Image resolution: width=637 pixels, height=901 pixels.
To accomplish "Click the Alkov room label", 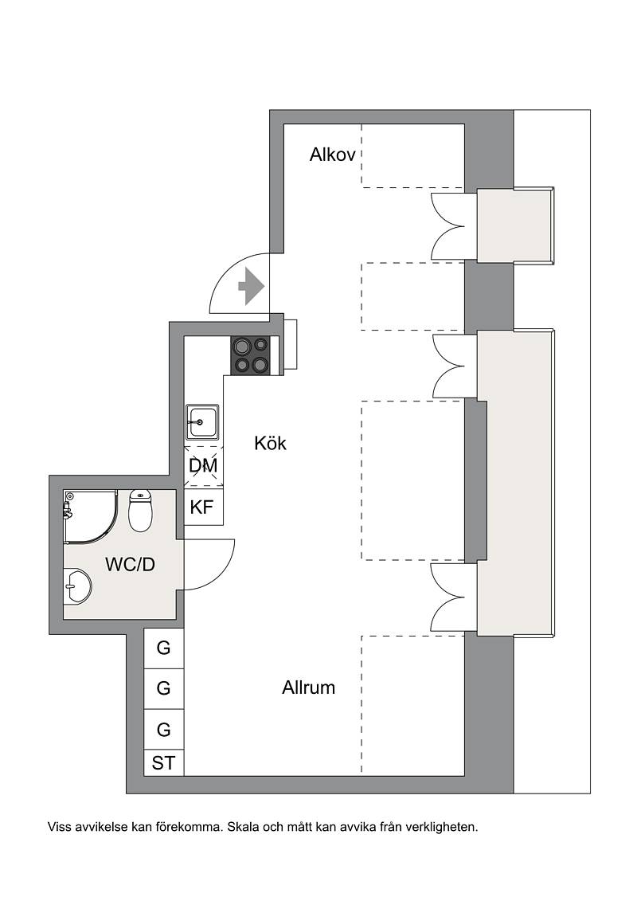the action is click(x=333, y=155).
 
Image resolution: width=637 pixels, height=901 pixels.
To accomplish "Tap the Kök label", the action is click(x=270, y=443).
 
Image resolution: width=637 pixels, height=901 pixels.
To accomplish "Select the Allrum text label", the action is click(x=308, y=688).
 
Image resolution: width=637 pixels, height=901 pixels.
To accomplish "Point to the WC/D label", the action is click(x=130, y=564).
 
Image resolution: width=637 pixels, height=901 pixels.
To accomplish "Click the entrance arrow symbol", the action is click(x=251, y=285).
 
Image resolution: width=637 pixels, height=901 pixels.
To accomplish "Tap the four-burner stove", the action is click(x=251, y=355).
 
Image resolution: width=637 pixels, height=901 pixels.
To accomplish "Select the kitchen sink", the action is click(x=201, y=422).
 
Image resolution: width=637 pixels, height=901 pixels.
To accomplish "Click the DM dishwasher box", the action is click(x=203, y=465).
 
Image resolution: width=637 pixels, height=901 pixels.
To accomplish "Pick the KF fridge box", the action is click(x=203, y=507).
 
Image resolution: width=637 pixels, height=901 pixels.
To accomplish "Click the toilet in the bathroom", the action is click(x=140, y=509).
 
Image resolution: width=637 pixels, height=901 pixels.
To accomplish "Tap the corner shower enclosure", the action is click(x=92, y=516).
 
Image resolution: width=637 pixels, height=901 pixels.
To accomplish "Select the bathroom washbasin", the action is click(x=77, y=586).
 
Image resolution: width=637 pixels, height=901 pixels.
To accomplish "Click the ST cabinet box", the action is click(x=164, y=763).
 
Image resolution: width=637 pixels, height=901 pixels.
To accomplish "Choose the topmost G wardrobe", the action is click(x=164, y=648).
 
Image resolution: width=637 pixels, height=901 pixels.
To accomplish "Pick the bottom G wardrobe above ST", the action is click(x=164, y=729).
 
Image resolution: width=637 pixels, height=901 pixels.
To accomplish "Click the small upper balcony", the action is click(x=515, y=225).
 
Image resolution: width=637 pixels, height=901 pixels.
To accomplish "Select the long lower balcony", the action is click(x=516, y=483).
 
